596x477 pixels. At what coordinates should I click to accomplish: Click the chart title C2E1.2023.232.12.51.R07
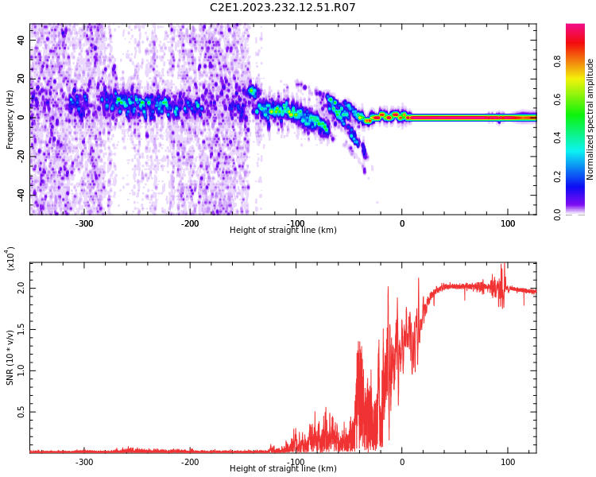tap(282, 8)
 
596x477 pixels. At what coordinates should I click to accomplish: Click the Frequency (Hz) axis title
tap(10, 119)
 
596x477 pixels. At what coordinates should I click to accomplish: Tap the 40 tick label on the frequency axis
tap(21, 41)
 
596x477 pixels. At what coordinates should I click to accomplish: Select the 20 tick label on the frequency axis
tap(21, 79)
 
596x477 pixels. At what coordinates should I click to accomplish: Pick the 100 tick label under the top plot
tap(508, 223)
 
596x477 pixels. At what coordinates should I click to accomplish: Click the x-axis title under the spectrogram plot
tap(282, 231)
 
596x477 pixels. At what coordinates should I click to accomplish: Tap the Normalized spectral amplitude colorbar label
tap(590, 119)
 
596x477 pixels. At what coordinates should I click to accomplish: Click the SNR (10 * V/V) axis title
tap(10, 358)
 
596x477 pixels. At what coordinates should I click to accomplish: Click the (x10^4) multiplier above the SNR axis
tap(11, 258)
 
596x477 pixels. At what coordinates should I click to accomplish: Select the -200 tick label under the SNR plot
tap(189, 462)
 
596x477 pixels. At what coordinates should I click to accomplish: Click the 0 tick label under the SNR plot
tap(401, 462)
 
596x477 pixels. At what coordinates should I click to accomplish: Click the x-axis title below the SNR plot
tap(282, 469)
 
